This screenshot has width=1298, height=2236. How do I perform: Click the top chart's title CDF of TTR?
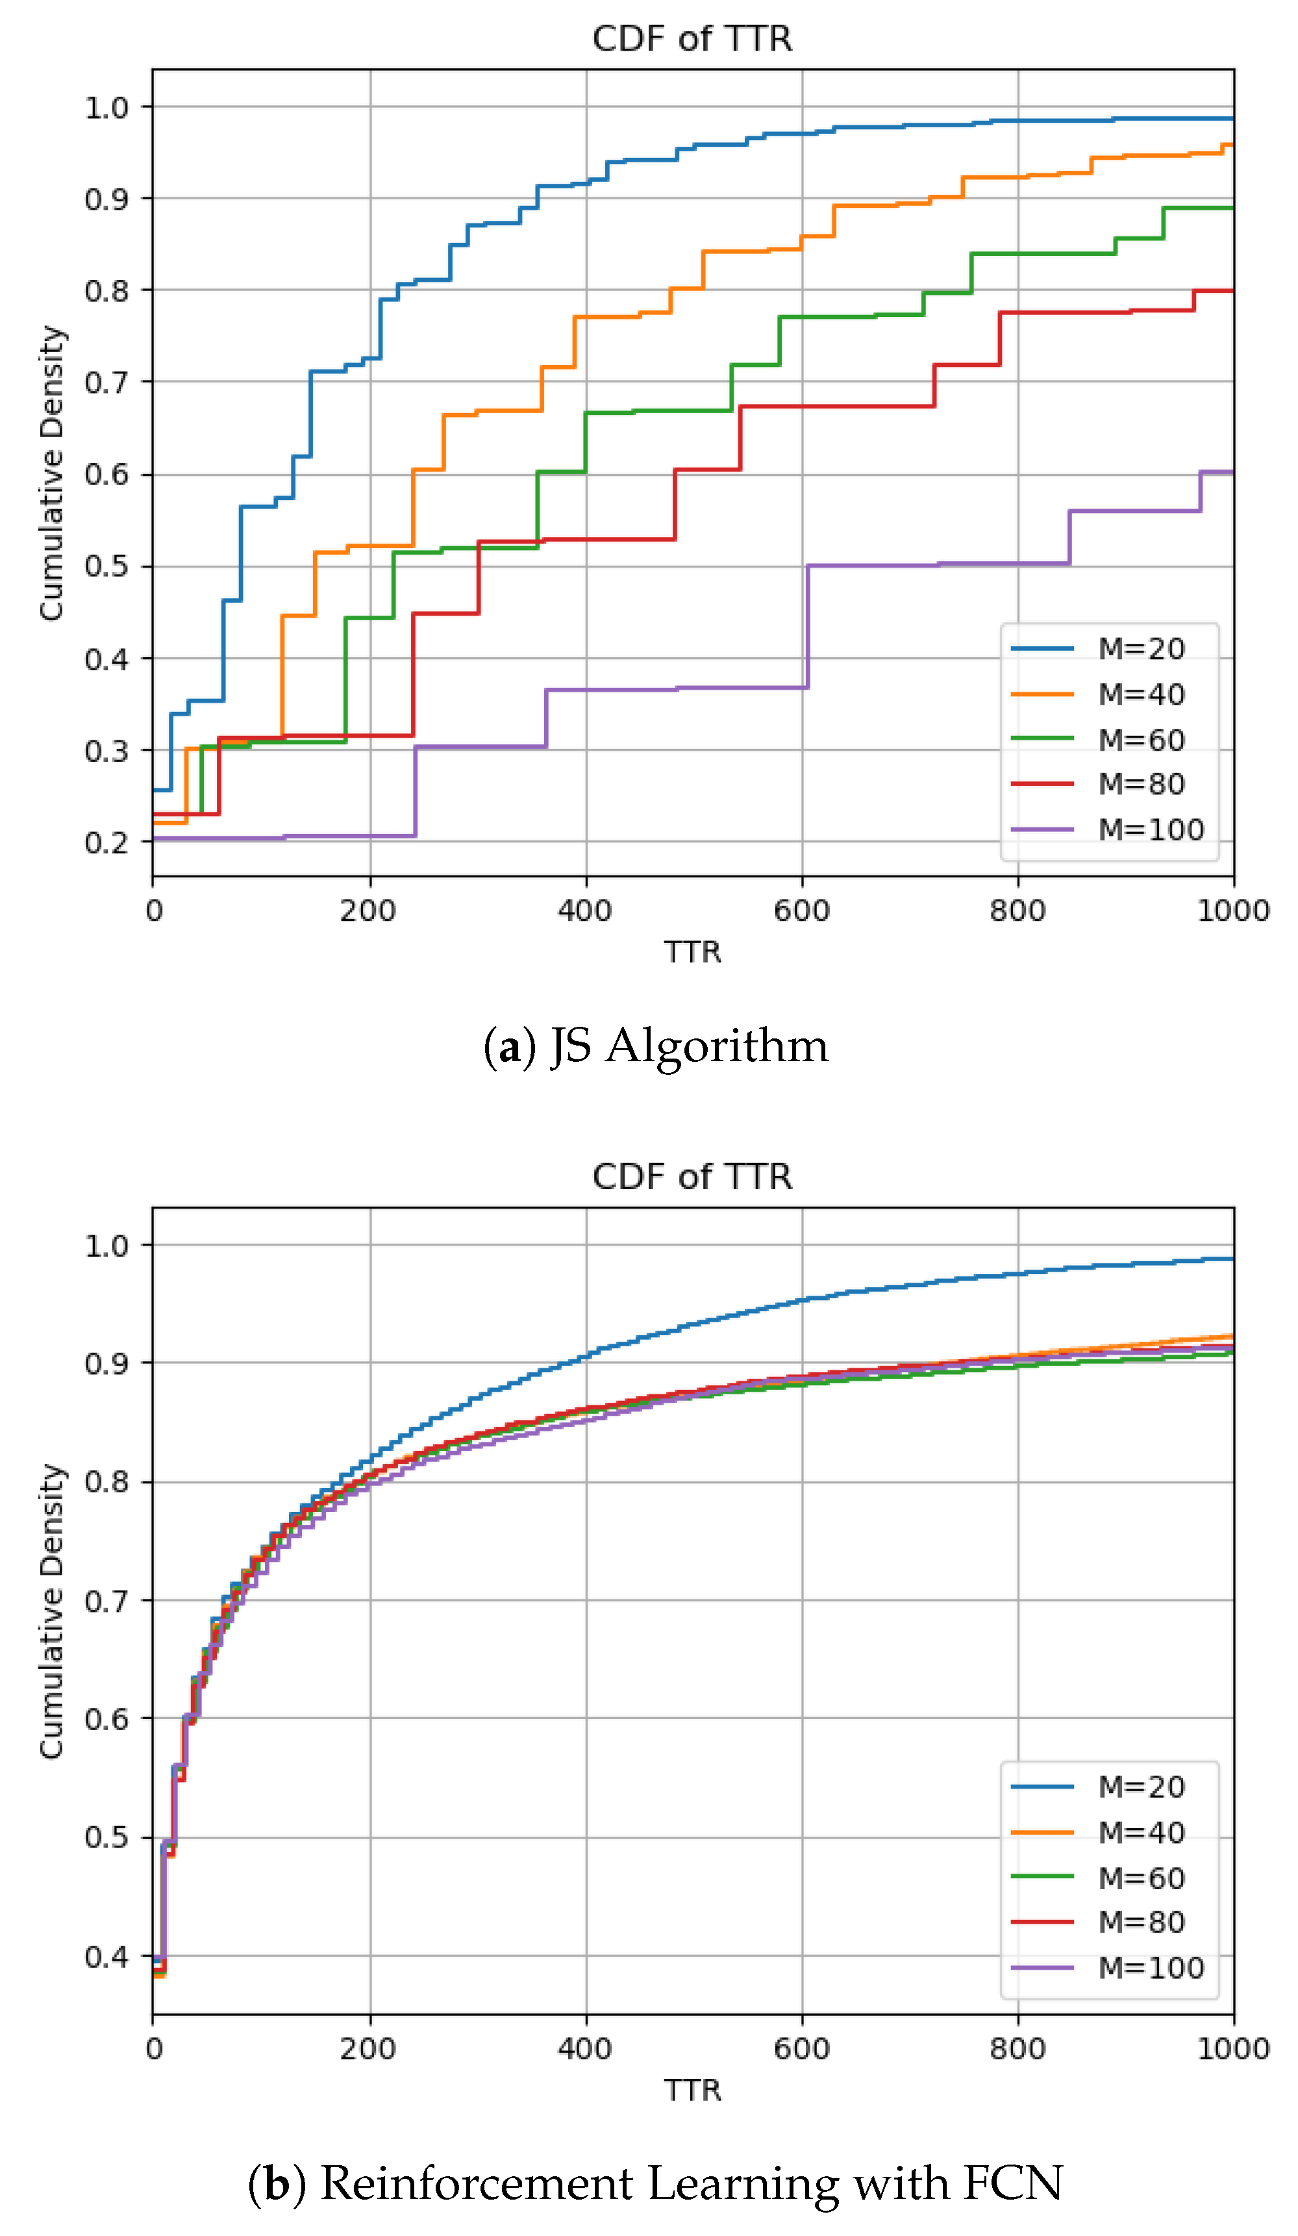(x=692, y=39)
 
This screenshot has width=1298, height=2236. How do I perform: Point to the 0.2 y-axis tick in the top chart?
(x=106, y=842)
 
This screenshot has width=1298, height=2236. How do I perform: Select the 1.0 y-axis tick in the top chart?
(x=106, y=107)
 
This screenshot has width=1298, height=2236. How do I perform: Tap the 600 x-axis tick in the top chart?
(x=801, y=911)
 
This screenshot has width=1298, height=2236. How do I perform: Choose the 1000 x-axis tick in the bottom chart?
(x=1232, y=2049)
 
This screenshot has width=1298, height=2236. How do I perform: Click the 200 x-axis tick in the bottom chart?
(x=369, y=2049)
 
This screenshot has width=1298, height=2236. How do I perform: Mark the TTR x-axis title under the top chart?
(x=692, y=952)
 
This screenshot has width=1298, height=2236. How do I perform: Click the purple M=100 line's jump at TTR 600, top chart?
(x=806, y=625)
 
